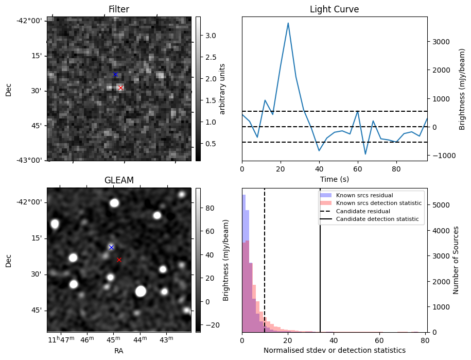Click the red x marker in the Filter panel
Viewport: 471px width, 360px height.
tap(120, 88)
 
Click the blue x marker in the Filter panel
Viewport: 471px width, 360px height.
tap(115, 75)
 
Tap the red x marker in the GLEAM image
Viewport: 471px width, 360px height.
tap(119, 260)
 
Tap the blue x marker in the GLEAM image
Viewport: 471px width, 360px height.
tap(111, 247)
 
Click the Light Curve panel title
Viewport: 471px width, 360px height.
tap(334, 9)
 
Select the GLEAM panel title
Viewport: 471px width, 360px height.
tap(119, 180)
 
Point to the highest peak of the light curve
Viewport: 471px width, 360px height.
tap(288, 23)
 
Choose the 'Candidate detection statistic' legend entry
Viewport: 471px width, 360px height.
tap(378, 220)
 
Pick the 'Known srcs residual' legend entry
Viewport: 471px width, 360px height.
tap(364, 195)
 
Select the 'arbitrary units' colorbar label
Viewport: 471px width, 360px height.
tap(223, 89)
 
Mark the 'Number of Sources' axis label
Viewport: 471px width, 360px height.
tap(456, 260)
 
